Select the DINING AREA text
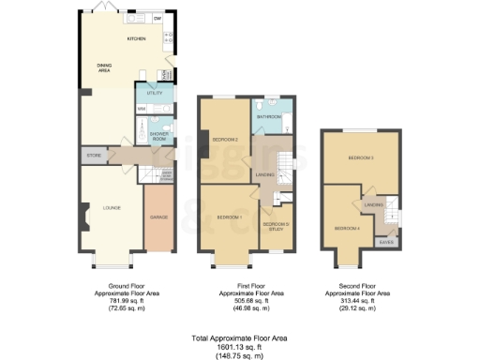tap(105, 67)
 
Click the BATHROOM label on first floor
tap(269, 116)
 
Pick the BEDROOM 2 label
tap(224, 140)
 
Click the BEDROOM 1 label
tap(230, 217)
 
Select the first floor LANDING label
tap(264, 175)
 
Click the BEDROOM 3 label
tap(361, 158)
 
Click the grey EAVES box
tap(385, 242)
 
